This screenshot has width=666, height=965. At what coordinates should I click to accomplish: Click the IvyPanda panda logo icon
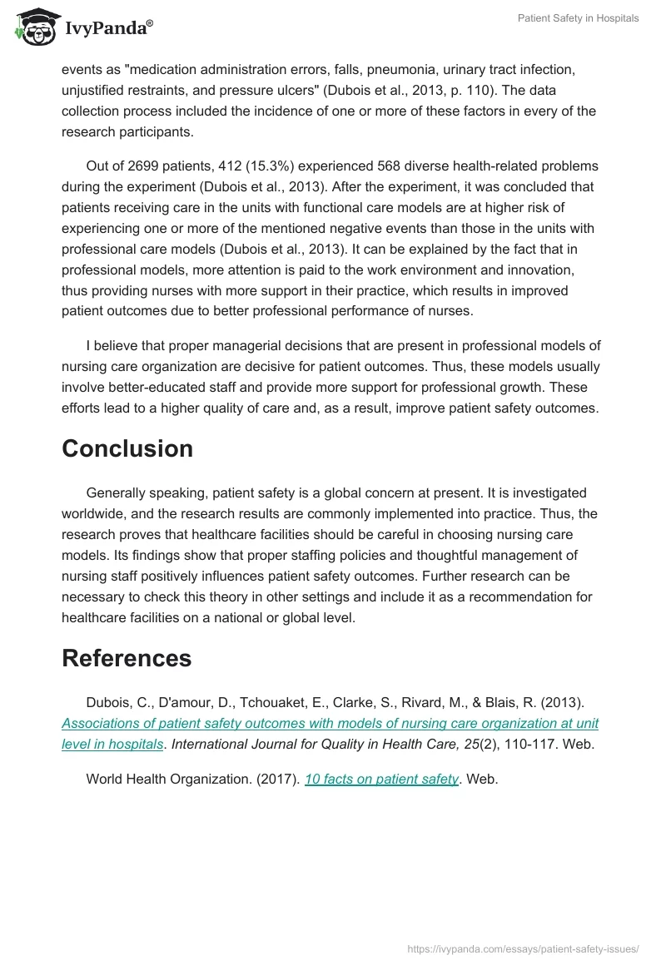pyautogui.click(x=32, y=26)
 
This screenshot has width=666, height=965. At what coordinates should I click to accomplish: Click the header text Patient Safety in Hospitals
pyautogui.click(x=578, y=18)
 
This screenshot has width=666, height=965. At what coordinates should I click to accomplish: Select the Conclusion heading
pyautogui.click(x=127, y=448)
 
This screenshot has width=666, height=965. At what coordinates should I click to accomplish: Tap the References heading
pyautogui.click(x=127, y=658)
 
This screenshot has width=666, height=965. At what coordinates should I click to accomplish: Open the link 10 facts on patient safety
pyautogui.click(x=382, y=779)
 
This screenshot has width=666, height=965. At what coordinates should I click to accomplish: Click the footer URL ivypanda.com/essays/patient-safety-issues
pyautogui.click(x=523, y=948)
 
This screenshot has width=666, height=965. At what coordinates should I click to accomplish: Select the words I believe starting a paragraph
pyautogui.click(x=114, y=346)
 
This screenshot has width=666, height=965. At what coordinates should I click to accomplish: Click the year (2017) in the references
pyautogui.click(x=279, y=779)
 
